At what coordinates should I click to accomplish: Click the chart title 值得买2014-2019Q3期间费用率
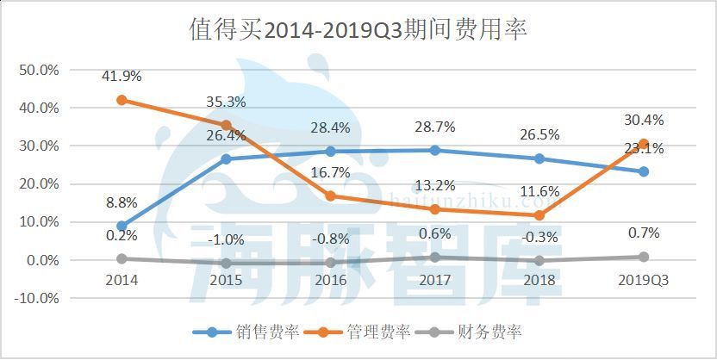(358, 30)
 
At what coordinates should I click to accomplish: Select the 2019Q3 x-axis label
(644, 280)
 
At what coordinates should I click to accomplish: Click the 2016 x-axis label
(331, 280)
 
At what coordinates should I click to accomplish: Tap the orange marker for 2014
(122, 100)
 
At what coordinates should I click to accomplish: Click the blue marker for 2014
(122, 226)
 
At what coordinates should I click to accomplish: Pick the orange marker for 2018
(539, 215)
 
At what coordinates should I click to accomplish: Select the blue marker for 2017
(435, 150)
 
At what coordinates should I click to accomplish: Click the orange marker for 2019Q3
(644, 144)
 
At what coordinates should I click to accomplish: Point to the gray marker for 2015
(227, 263)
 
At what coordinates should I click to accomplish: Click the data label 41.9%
(122, 76)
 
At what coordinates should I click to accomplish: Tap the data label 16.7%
(331, 172)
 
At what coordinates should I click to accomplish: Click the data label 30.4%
(644, 120)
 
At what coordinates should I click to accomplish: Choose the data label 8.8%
(122, 204)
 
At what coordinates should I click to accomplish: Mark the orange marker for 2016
(331, 196)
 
